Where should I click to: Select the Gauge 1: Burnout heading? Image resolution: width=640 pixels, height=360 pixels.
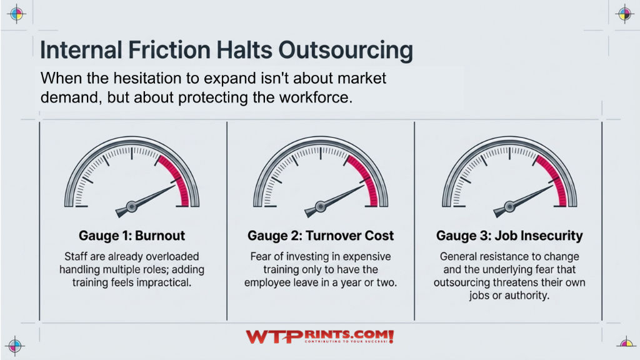pyautogui.click(x=132, y=236)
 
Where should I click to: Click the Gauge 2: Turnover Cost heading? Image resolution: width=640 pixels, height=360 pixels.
pyautogui.click(x=321, y=236)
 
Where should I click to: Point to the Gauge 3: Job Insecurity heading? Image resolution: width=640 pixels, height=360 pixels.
pyautogui.click(x=509, y=236)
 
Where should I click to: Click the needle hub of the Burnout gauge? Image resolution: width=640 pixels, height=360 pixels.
pyautogui.click(x=132, y=206)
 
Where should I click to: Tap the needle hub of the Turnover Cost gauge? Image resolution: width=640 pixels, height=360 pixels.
pyautogui.click(x=320, y=206)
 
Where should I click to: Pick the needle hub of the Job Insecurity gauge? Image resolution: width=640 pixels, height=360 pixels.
pyautogui.click(x=509, y=205)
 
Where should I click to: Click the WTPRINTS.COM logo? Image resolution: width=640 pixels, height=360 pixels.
pyautogui.click(x=319, y=337)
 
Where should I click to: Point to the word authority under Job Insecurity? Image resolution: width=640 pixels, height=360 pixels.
pyautogui.click(x=526, y=296)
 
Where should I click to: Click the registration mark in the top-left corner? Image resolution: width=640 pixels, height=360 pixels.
pyautogui.click(x=16, y=14)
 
